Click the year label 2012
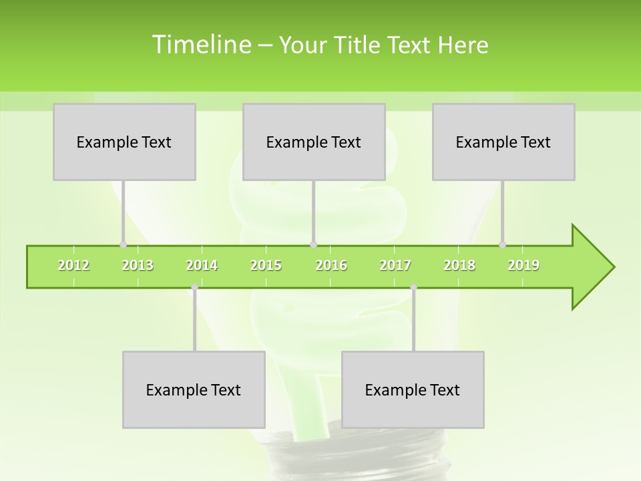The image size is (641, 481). pyautogui.click(x=73, y=265)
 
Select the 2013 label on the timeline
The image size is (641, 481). pyautogui.click(x=138, y=265)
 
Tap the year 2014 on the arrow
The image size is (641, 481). pyautogui.click(x=202, y=265)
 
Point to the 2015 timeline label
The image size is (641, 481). pyautogui.click(x=266, y=265)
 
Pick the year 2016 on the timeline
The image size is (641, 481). pyautogui.click(x=331, y=265)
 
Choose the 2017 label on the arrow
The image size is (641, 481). pyautogui.click(x=395, y=265)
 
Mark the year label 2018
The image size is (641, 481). pyautogui.click(x=459, y=265)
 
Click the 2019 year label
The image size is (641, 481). pyautogui.click(x=523, y=265)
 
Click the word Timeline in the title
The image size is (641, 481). pyautogui.click(x=200, y=45)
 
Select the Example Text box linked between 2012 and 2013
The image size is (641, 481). pyautogui.click(x=124, y=142)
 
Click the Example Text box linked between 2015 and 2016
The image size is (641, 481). pyautogui.click(x=314, y=142)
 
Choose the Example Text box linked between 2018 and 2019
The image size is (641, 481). pyautogui.click(x=503, y=142)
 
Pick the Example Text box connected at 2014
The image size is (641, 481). pyautogui.click(x=194, y=389)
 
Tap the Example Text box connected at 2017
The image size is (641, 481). pyautogui.click(x=413, y=389)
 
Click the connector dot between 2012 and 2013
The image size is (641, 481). pyautogui.click(x=123, y=245)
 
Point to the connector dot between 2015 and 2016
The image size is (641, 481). pyautogui.click(x=313, y=245)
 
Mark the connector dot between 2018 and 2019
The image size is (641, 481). pyautogui.click(x=503, y=245)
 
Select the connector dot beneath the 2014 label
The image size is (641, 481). pyautogui.click(x=194, y=287)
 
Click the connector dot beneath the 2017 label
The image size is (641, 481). pyautogui.click(x=413, y=287)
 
